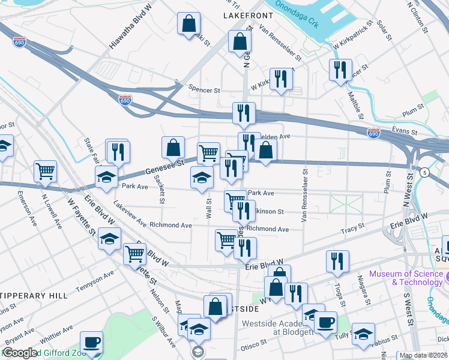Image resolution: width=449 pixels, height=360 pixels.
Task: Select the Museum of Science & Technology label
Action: [x=406, y=278]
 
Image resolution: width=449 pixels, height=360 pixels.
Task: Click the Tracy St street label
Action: [x=352, y=227]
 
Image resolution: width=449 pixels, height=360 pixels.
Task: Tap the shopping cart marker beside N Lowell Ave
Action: [x=45, y=171]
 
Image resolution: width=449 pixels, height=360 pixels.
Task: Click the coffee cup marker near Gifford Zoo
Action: [x=91, y=343]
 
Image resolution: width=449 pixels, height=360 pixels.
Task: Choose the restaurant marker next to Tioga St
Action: [x=337, y=261]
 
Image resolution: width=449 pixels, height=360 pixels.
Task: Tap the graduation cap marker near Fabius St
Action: [x=363, y=333]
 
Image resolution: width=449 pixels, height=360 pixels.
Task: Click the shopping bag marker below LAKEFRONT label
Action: [x=240, y=42]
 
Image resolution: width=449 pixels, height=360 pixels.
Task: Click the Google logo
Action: [x=20, y=353]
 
